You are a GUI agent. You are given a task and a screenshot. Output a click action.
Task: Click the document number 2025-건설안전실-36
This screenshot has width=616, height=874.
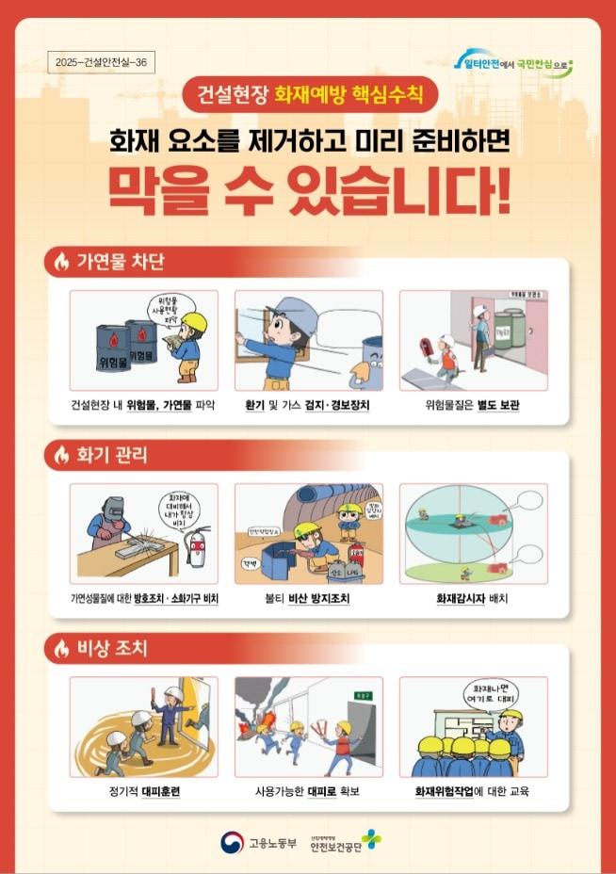pos(101,62)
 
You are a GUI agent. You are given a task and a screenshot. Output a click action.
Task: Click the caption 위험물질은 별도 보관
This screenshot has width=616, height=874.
pos(474,405)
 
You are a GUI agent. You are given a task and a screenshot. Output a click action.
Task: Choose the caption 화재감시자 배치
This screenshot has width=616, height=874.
pos(473,598)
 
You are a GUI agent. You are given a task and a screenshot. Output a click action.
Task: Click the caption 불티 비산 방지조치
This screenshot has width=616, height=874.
pos(308,598)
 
